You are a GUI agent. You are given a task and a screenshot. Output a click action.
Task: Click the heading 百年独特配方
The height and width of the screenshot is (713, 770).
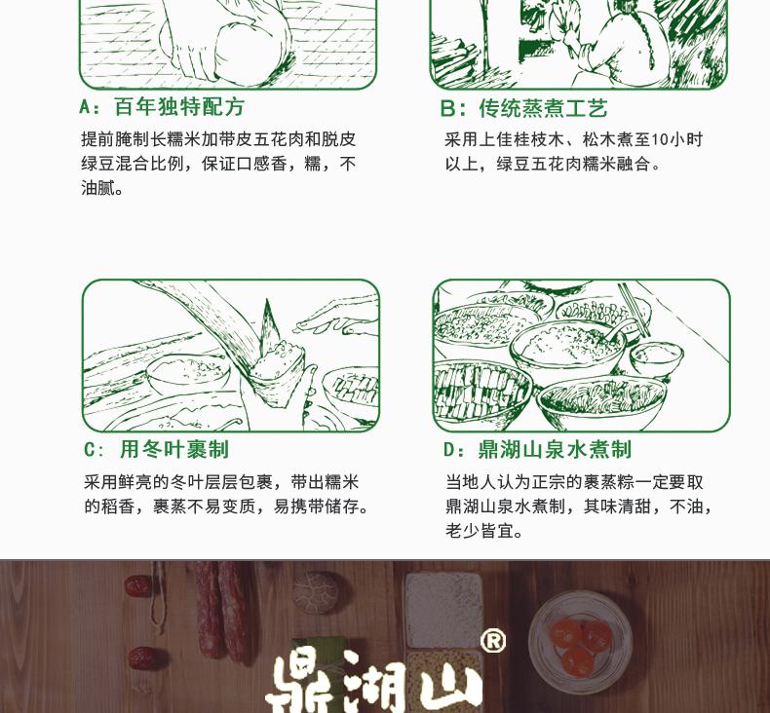[179, 107]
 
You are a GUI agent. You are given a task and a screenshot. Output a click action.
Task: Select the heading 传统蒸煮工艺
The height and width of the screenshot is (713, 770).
[544, 108]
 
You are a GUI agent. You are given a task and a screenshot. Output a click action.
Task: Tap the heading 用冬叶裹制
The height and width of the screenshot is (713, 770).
[174, 449]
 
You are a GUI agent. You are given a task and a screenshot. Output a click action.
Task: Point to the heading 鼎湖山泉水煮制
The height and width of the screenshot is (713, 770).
[555, 449]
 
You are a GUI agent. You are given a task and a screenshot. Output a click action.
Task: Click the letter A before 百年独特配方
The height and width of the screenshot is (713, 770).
[85, 107]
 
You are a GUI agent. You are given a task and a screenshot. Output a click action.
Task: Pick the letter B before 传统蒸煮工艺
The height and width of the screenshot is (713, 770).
[446, 108]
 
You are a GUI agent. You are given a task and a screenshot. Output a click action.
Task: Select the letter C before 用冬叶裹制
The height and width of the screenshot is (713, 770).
[90, 450]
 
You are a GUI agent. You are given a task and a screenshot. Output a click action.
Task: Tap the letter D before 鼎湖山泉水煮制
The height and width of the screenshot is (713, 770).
[448, 450]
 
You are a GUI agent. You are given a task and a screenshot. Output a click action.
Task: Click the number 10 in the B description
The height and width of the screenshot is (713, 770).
[660, 140]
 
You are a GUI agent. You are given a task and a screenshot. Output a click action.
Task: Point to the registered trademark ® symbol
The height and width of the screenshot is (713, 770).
[492, 640]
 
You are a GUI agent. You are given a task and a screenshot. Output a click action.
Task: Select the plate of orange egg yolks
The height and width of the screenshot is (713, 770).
[580, 641]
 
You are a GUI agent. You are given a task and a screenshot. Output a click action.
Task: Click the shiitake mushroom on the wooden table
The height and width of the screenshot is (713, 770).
[316, 592]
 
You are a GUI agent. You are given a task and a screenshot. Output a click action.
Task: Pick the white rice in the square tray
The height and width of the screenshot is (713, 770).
[443, 610]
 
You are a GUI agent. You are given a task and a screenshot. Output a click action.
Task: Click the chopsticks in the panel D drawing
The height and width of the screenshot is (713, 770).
[634, 310]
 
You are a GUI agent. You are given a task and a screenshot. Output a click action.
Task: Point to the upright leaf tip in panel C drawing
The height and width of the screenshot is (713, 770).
[268, 319]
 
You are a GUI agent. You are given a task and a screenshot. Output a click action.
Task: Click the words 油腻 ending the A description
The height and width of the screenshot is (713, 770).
[101, 188]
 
